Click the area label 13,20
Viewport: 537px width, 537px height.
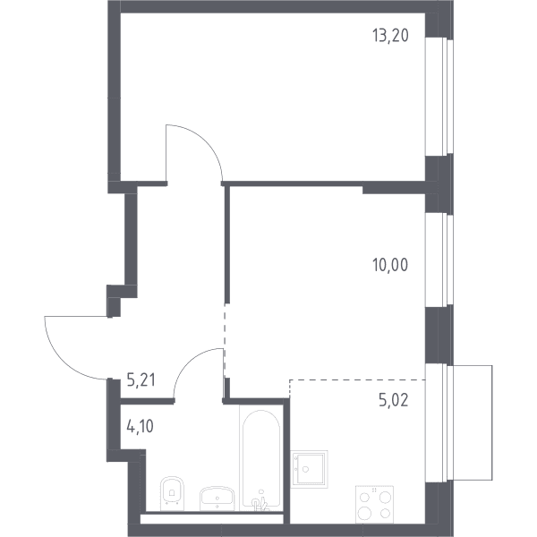(390, 36)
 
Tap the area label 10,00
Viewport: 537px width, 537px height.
(390, 265)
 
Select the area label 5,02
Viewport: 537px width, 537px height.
(394, 400)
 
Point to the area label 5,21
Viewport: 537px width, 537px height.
(141, 379)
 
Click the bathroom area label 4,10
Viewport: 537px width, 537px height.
(141, 427)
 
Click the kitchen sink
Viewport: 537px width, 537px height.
(310, 469)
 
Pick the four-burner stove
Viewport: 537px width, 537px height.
(374, 504)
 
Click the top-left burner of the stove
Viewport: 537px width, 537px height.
(365, 497)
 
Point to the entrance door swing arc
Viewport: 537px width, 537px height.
(64, 361)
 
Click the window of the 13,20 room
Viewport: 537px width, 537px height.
(439, 97)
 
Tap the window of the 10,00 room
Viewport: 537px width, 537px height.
(439, 260)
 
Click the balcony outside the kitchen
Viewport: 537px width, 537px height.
(473, 422)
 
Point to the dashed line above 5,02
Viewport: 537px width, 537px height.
(357, 379)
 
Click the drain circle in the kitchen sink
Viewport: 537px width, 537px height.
(305, 469)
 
